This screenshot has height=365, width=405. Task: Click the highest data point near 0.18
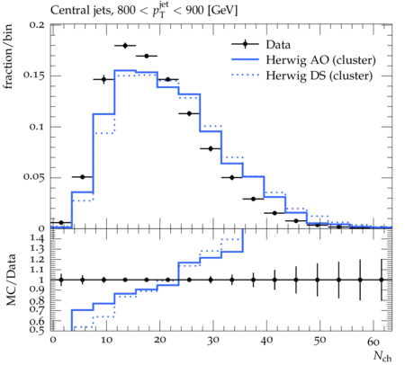125,46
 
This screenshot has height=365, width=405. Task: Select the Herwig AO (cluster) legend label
320,60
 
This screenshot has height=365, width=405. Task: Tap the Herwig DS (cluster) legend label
319,76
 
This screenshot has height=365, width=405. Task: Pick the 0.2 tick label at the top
37,24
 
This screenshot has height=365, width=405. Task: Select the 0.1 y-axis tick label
37,126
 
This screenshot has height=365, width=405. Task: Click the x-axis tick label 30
213,341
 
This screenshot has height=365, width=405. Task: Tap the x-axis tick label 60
373,341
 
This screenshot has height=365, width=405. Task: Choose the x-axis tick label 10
106,341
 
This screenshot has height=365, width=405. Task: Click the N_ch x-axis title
382,356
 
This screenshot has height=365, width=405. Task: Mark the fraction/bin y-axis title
8,57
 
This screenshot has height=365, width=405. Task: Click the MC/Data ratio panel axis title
11,280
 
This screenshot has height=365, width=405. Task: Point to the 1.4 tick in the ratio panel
37,239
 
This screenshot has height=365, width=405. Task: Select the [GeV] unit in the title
222,11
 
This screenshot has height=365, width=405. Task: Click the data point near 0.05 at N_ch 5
83,177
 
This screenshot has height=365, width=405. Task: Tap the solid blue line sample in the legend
245,60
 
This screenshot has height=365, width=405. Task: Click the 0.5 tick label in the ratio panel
37,330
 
